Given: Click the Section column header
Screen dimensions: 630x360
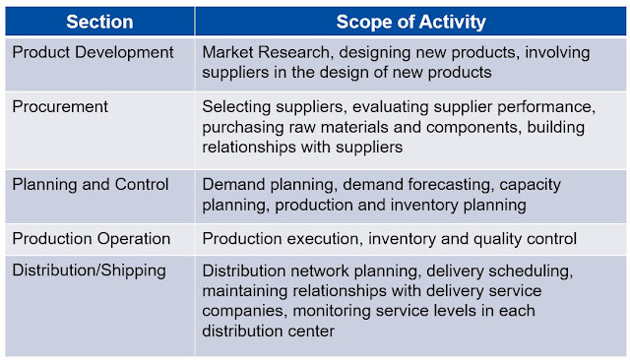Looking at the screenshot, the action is pyautogui.click(x=99, y=22).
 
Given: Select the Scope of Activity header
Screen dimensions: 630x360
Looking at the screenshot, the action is pyautogui.click(x=411, y=22).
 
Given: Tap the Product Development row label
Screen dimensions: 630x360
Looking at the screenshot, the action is pyautogui.click(x=93, y=52).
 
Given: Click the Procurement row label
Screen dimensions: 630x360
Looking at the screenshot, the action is pyautogui.click(x=60, y=107).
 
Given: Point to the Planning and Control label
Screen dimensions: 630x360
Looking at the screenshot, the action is pyautogui.click(x=91, y=185).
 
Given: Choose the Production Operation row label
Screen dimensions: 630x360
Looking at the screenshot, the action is pyautogui.click(x=92, y=239).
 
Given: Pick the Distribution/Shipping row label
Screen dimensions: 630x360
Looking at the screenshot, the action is pyautogui.click(x=90, y=270).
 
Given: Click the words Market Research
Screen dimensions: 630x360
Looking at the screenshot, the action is pyautogui.click(x=266, y=52).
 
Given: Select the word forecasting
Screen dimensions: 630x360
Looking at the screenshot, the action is pyautogui.click(x=451, y=185).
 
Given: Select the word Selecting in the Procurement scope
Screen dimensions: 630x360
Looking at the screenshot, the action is pyautogui.click(x=236, y=107).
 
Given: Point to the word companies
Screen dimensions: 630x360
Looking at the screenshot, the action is pyautogui.click(x=245, y=312).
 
